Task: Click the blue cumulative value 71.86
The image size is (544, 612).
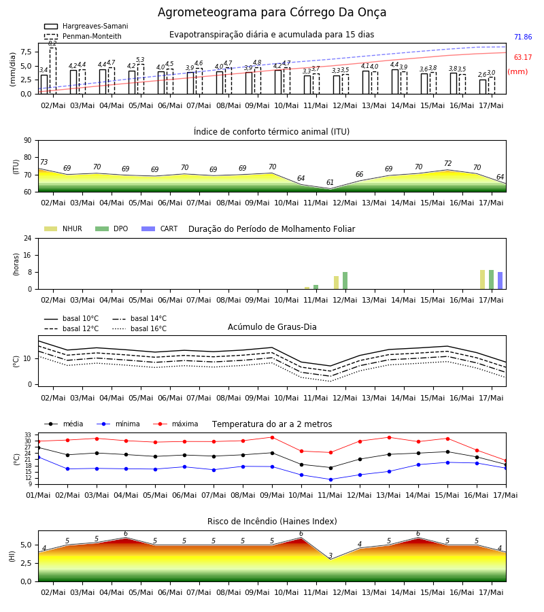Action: (523, 37)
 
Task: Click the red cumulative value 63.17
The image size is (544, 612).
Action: (523, 57)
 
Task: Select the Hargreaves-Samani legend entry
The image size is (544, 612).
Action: (86, 26)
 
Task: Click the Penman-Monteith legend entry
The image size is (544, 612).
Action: (83, 36)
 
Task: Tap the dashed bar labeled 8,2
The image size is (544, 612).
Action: (53, 71)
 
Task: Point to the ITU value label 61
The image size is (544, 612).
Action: (330, 182)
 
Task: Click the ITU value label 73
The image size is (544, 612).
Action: (44, 162)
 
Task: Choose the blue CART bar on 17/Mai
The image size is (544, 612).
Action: (500, 281)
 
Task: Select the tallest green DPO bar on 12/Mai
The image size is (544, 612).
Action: (345, 281)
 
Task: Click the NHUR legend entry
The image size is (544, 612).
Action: (63, 228)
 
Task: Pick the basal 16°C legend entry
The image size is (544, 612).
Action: (139, 328)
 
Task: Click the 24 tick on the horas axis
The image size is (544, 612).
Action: (28, 238)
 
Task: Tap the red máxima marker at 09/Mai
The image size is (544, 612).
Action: (273, 437)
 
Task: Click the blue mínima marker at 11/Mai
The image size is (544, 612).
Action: (331, 479)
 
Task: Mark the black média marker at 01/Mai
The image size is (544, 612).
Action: (38, 447)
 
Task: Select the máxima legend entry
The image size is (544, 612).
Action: (175, 424)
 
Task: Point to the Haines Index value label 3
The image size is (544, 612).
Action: (330, 556)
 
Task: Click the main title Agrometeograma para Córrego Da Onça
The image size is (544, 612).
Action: (272, 12)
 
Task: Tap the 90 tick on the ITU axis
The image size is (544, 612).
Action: (28, 140)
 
